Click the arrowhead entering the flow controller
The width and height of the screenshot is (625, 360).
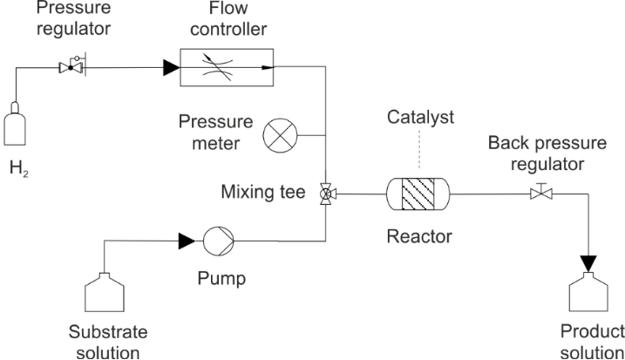[x=169, y=66]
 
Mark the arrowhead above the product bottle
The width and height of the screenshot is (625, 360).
[x=591, y=259]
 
